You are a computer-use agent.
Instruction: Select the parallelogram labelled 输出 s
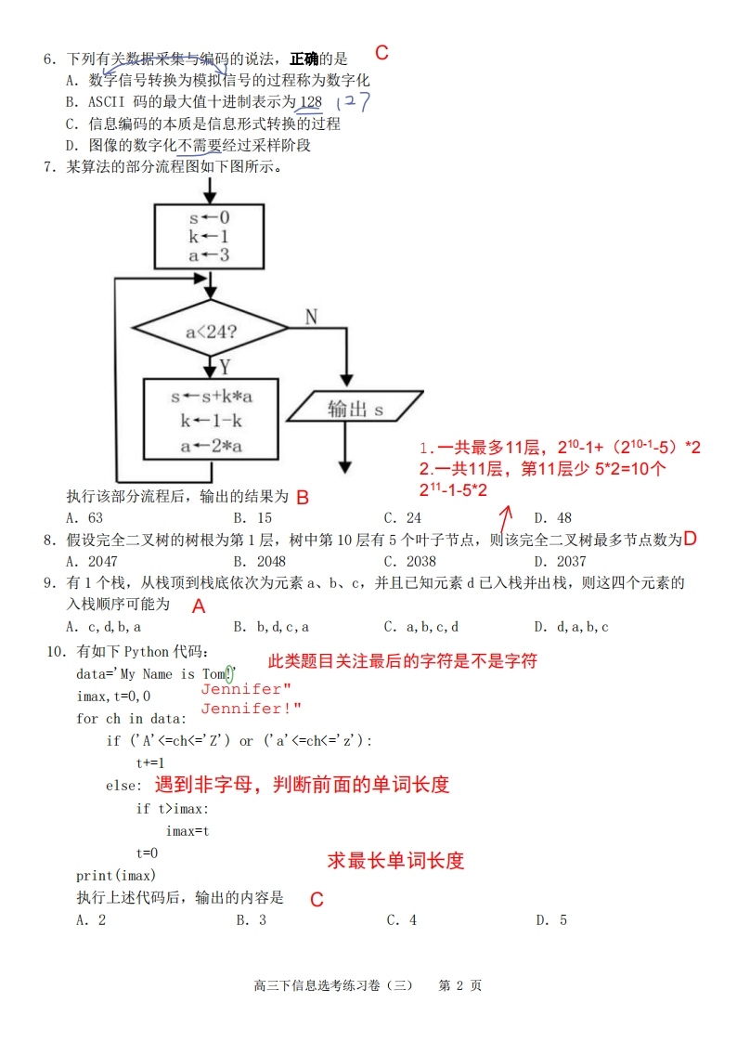(x=356, y=409)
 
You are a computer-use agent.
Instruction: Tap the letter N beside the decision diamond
(x=311, y=318)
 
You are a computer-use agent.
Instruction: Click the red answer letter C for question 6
(x=381, y=53)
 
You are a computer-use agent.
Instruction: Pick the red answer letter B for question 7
(x=302, y=497)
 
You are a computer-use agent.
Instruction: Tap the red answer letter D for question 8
(x=690, y=539)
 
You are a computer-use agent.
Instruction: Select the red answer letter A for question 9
(x=198, y=606)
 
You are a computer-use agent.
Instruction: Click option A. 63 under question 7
(x=84, y=518)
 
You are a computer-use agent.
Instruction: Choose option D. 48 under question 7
(x=553, y=518)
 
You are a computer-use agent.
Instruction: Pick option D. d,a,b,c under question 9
(x=572, y=627)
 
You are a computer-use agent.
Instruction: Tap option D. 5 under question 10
(x=551, y=920)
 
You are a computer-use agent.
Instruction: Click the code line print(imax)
(x=116, y=876)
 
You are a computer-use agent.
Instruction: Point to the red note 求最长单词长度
(x=395, y=861)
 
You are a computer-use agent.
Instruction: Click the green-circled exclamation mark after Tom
(x=230, y=673)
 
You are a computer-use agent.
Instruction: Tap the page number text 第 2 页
(x=459, y=985)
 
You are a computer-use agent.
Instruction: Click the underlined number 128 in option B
(x=311, y=101)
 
